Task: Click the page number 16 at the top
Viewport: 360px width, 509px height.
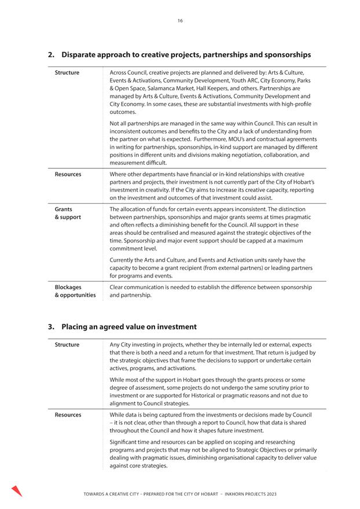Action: [x=180, y=20]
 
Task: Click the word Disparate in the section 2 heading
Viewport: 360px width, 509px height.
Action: [x=82, y=55]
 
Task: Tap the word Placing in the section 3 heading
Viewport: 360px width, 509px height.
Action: [x=75, y=327]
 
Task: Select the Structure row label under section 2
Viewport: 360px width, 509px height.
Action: [x=67, y=73]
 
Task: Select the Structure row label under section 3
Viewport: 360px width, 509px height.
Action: [x=67, y=345]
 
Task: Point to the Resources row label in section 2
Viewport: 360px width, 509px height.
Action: [x=68, y=174]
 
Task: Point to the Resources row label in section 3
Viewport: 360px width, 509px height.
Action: [x=68, y=415]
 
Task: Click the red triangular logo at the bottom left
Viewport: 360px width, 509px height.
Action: [x=16, y=491]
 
